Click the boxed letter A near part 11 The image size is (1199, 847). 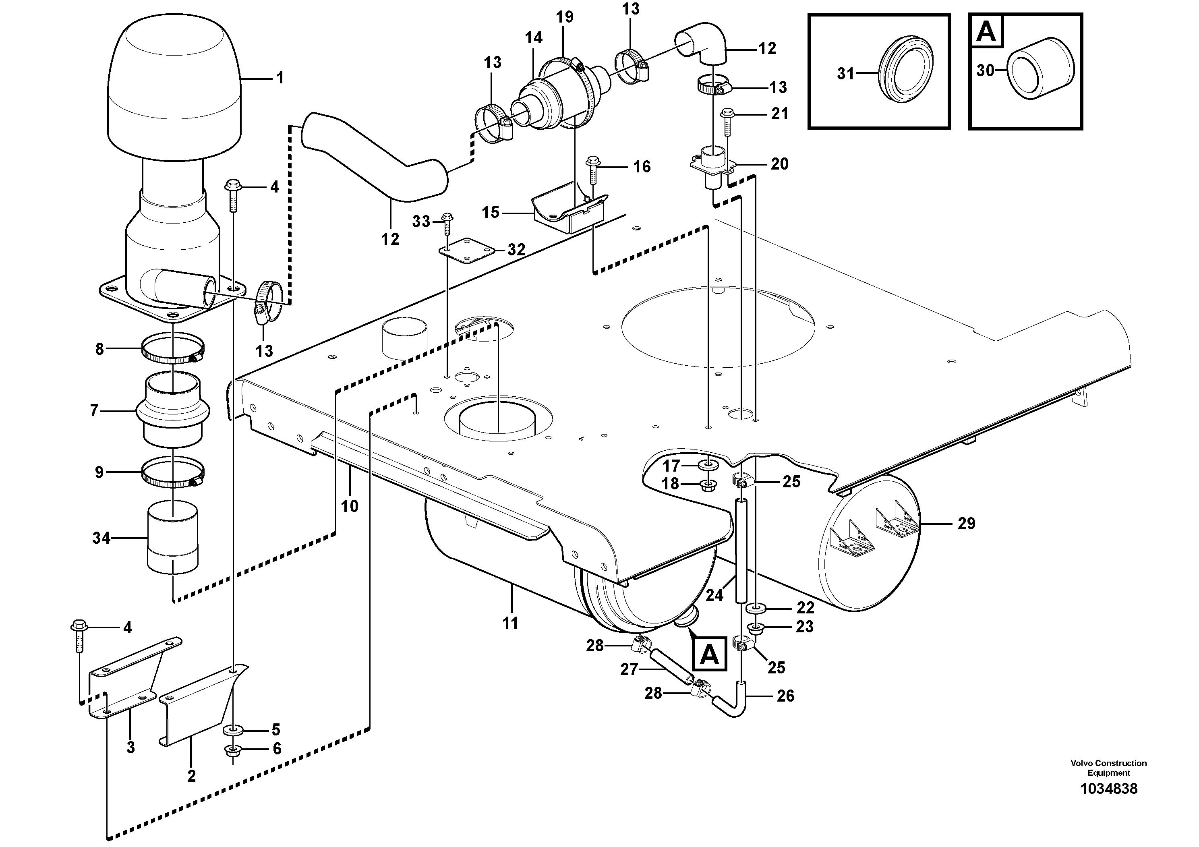click(x=708, y=654)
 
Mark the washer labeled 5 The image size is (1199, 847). click(x=233, y=729)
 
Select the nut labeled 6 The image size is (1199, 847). click(x=232, y=750)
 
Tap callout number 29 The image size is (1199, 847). click(x=966, y=523)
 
